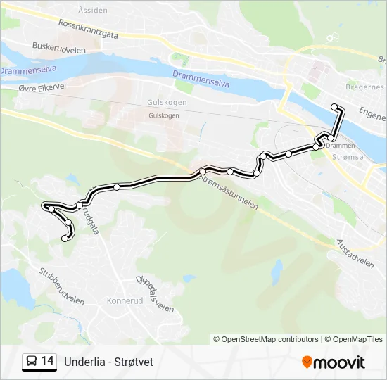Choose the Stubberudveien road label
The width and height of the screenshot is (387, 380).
coord(61,286)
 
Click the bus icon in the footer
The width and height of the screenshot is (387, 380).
coord(32,362)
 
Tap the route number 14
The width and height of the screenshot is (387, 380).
coord(48,362)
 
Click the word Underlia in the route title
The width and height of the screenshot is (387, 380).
coord(84,362)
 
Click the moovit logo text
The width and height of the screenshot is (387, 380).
coord(340,362)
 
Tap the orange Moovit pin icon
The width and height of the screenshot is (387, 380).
coord(307,362)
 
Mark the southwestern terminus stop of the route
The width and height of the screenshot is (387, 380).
coord(65,239)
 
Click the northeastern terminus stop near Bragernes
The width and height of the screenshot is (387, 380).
coord(336,107)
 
